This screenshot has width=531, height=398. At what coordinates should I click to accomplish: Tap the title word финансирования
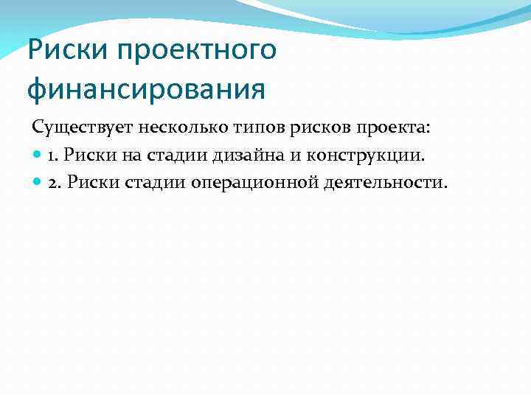[145, 89]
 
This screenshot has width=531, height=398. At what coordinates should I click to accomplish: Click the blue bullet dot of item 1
[38, 155]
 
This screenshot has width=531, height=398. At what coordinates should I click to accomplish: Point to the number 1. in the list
[55, 155]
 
